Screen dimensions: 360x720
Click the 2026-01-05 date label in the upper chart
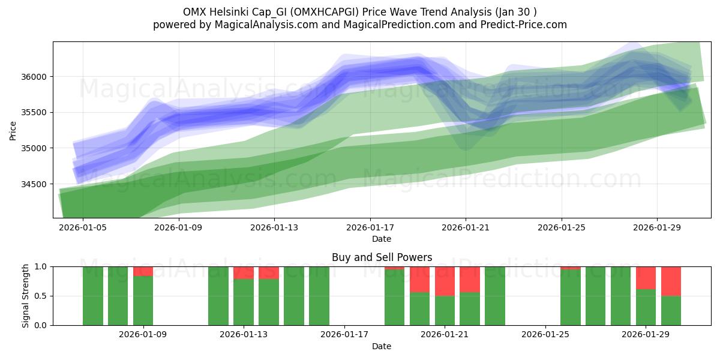click(x=83, y=227)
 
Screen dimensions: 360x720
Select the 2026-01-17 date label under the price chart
click(x=370, y=227)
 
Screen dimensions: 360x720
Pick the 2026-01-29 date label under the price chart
click(x=657, y=227)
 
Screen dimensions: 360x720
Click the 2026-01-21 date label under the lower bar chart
click(x=445, y=335)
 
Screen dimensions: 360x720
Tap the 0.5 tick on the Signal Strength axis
click(x=41, y=296)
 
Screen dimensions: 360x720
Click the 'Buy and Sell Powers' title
click(x=382, y=257)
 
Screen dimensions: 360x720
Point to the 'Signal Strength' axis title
click(x=25, y=296)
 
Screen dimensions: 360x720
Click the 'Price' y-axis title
click(x=13, y=130)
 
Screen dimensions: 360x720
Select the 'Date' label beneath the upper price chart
click(x=382, y=239)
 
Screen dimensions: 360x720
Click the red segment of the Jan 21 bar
click(x=445, y=281)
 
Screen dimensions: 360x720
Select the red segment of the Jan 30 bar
click(x=671, y=281)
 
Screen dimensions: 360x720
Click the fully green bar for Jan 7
click(x=93, y=296)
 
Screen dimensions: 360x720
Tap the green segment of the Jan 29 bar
click(x=646, y=307)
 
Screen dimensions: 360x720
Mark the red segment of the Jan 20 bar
click(x=419, y=279)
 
